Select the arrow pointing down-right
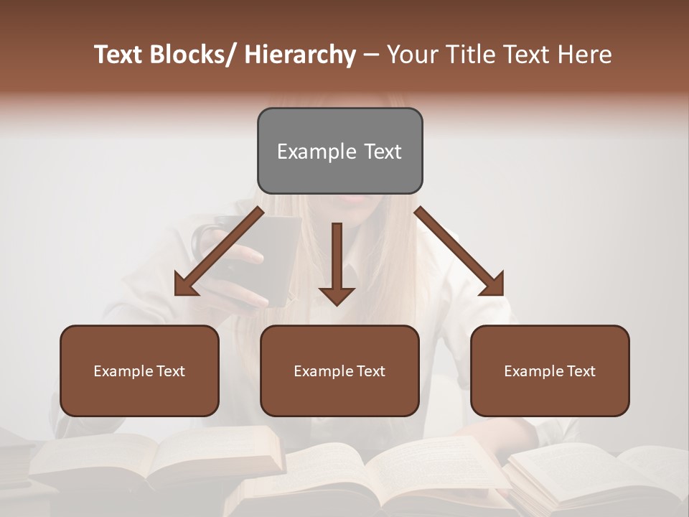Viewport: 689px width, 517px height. click(x=459, y=251)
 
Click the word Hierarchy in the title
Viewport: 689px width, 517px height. click(x=300, y=55)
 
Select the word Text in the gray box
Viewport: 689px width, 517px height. click(x=382, y=152)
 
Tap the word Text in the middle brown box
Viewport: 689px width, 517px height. click(x=370, y=371)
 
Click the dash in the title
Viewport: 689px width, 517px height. click(x=371, y=55)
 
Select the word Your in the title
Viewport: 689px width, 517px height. click(x=411, y=55)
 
